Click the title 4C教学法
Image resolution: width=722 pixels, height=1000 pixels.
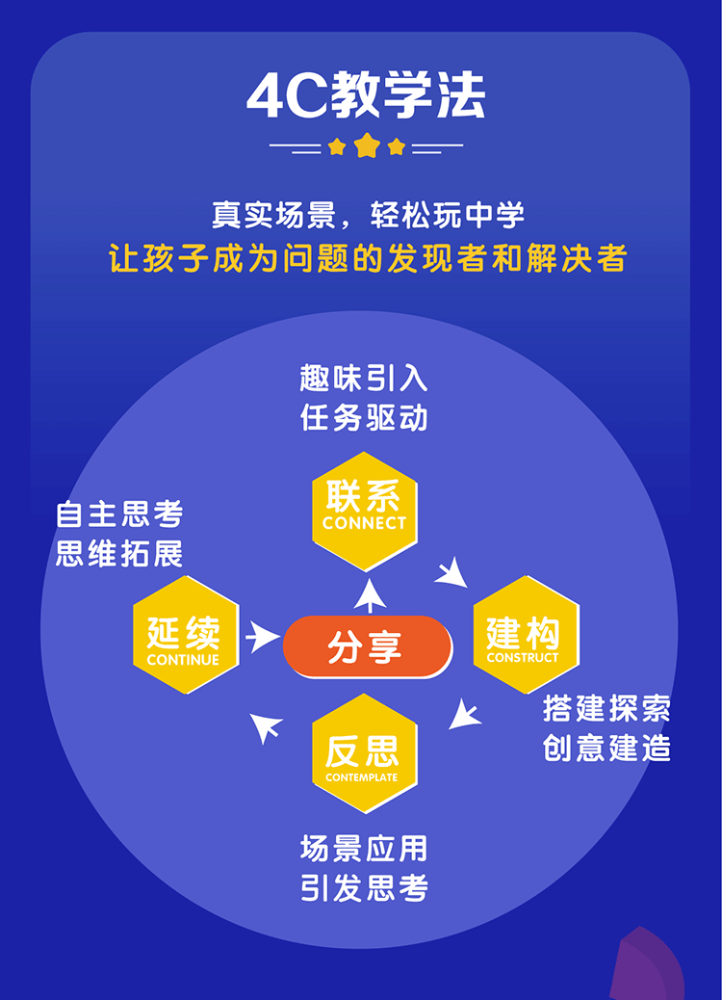pyautogui.click(x=366, y=94)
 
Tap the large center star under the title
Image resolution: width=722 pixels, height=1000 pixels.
pyautogui.click(x=367, y=146)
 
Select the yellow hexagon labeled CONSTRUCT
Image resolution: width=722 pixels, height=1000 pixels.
pyautogui.click(x=526, y=635)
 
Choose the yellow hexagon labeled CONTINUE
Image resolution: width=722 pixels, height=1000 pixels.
pyautogui.click(x=185, y=635)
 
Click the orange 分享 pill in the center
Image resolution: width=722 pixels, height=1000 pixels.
pyautogui.click(x=366, y=645)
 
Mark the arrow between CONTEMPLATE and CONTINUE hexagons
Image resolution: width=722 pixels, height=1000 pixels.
pyautogui.click(x=267, y=727)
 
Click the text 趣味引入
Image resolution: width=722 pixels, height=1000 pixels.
pyautogui.click(x=364, y=379)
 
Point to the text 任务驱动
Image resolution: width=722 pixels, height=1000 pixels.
pyautogui.click(x=364, y=419)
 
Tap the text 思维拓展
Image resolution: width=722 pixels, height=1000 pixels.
pyautogui.click(x=119, y=554)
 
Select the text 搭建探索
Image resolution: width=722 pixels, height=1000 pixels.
pyautogui.click(x=606, y=709)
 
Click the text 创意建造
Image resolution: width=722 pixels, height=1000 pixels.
pyautogui.click(x=606, y=749)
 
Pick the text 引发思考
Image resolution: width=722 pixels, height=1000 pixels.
pyautogui.click(x=364, y=887)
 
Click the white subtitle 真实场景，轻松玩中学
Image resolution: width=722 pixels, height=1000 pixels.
pyautogui.click(x=368, y=214)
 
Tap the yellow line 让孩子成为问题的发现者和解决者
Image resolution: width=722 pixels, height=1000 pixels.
pyautogui.click(x=368, y=258)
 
